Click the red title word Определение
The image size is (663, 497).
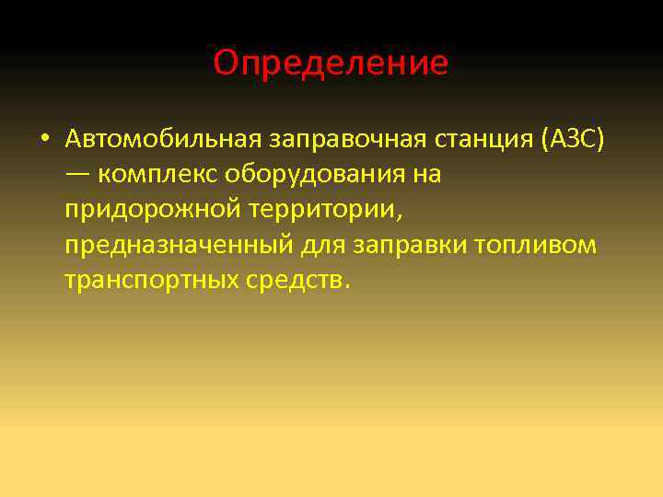331,64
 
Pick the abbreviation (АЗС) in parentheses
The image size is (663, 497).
574,139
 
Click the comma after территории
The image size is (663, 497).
398,215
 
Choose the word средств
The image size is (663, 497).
288,279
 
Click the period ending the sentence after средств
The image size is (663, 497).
346,285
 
